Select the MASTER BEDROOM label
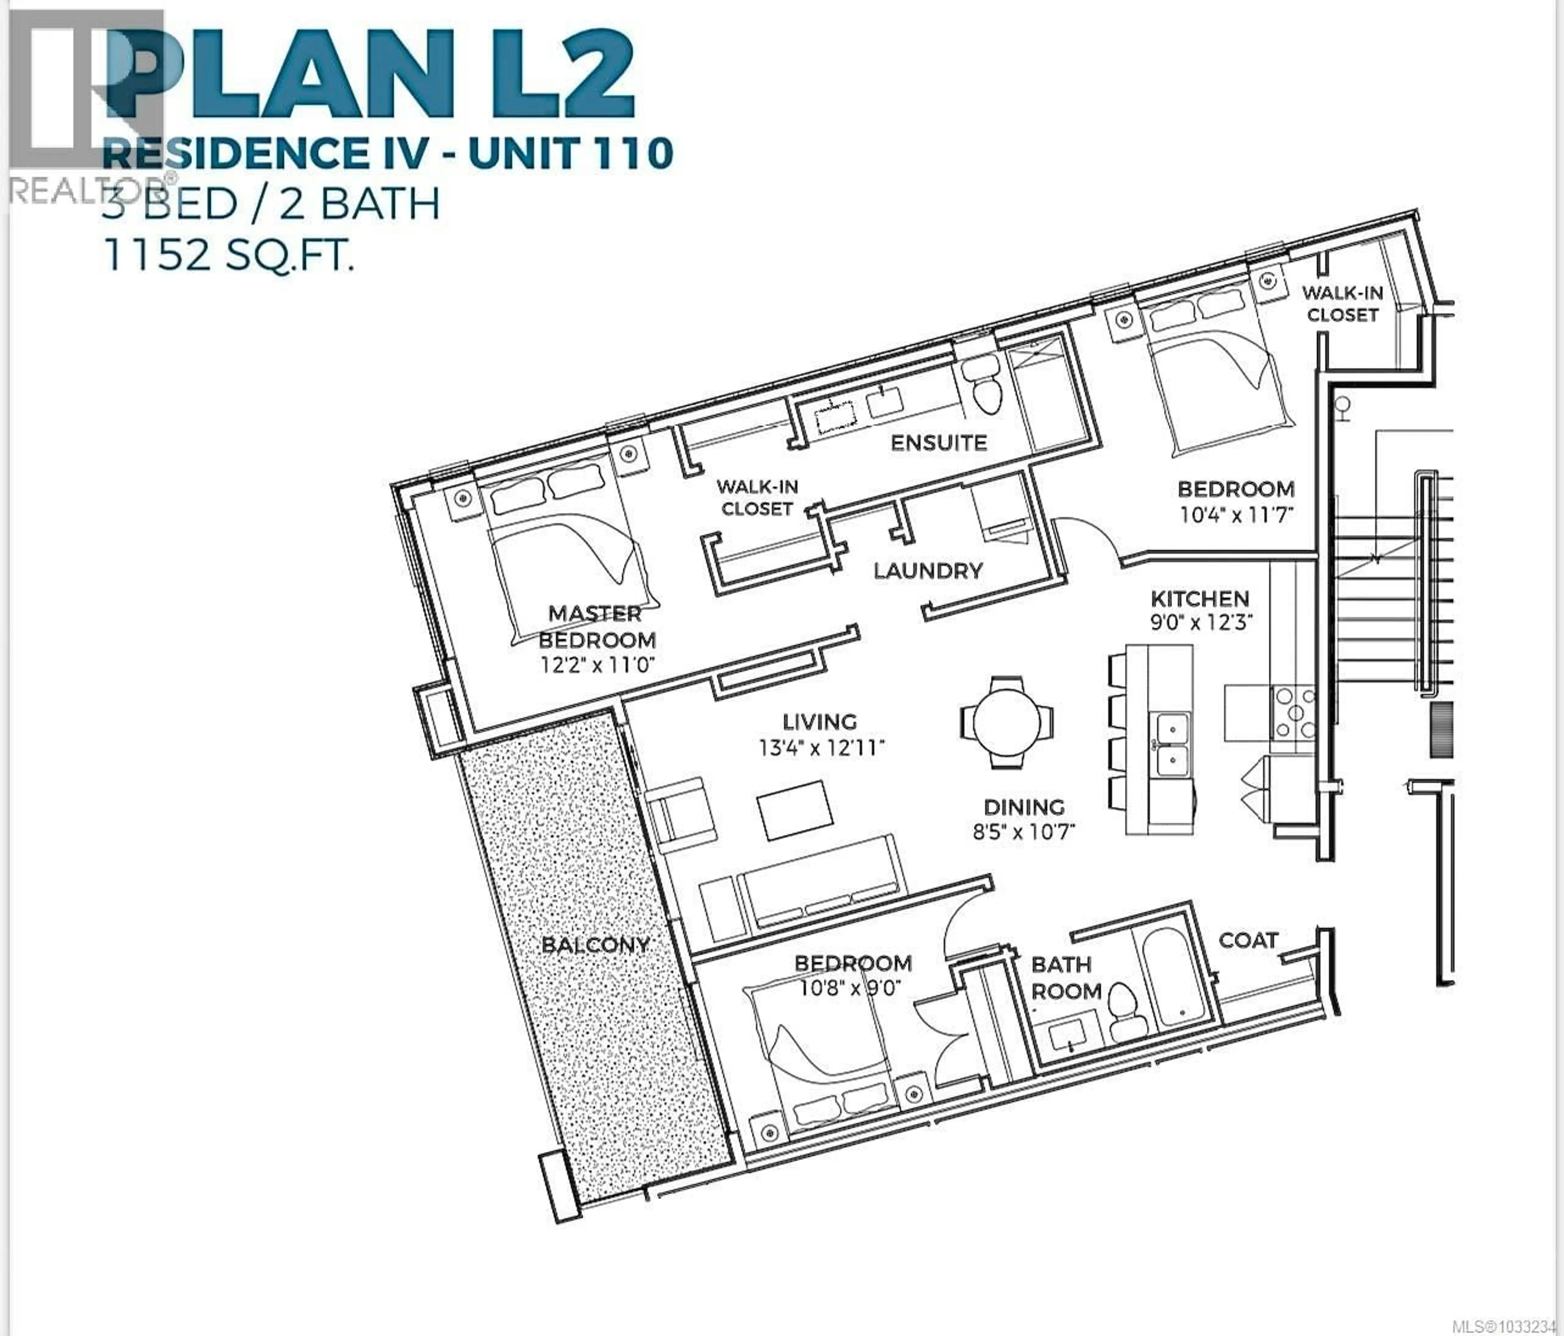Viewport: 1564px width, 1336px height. coord(596,626)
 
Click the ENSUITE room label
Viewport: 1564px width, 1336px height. coord(938,443)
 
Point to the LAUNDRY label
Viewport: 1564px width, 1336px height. coord(928,571)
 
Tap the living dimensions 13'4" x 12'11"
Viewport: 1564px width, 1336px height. coord(821,748)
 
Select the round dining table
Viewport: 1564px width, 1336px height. coord(1006,722)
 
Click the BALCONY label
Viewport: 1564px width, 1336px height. coord(595,944)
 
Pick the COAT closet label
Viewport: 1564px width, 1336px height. coord(1248,940)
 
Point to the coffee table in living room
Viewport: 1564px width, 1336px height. coord(795,810)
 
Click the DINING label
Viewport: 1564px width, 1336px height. coord(1024,807)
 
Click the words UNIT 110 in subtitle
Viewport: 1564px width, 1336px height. coord(570,153)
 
